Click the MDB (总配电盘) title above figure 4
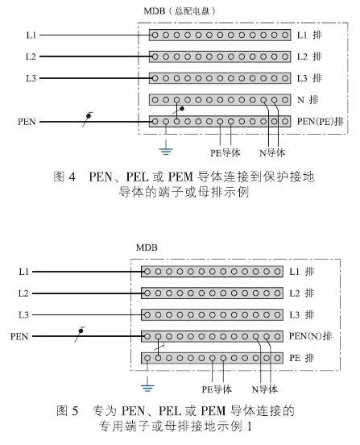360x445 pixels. (180, 11)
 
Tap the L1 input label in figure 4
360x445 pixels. (31, 35)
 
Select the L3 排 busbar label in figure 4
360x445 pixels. (309, 78)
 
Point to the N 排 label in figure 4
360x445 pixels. (308, 100)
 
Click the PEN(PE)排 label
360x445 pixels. (320, 122)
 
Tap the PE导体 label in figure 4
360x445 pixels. (225, 153)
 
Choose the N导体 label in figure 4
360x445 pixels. (272, 153)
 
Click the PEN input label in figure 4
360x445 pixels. (27, 122)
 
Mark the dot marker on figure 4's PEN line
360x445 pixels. (89, 116)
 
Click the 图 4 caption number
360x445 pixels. (64, 177)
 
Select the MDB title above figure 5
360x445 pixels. (147, 247)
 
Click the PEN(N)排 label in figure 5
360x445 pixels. (310, 336)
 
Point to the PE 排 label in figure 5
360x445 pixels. (301, 358)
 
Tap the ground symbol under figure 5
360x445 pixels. (147, 385)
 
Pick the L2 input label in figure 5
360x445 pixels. (23, 293)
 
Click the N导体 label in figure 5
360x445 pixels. (264, 389)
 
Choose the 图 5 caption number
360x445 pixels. (67, 410)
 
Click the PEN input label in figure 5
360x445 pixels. (19, 336)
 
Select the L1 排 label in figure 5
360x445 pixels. (301, 272)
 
